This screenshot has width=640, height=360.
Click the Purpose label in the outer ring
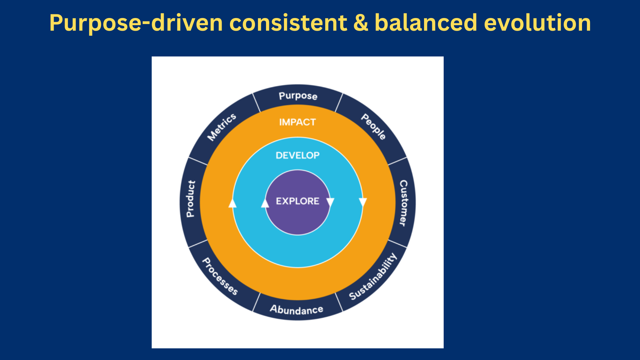point(298,96)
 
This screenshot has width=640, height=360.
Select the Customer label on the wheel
point(403,203)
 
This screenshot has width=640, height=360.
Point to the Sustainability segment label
point(373,277)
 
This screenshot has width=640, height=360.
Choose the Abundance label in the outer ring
point(296,310)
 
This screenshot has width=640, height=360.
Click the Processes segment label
point(220,276)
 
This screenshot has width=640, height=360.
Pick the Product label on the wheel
point(191,199)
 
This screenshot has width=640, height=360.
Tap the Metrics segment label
point(222,127)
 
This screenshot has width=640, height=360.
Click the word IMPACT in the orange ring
point(297,122)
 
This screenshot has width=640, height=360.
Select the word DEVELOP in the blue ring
point(297,155)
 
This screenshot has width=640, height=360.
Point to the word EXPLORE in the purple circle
point(297,201)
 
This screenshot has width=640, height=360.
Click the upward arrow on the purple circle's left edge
point(265,203)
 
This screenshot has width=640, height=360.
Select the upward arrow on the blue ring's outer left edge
point(232,203)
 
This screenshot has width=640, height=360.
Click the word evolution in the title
point(537,23)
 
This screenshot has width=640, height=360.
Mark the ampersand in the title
point(361,23)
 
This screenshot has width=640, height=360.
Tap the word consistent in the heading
point(288,23)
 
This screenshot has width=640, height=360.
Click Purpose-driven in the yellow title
point(136,23)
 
